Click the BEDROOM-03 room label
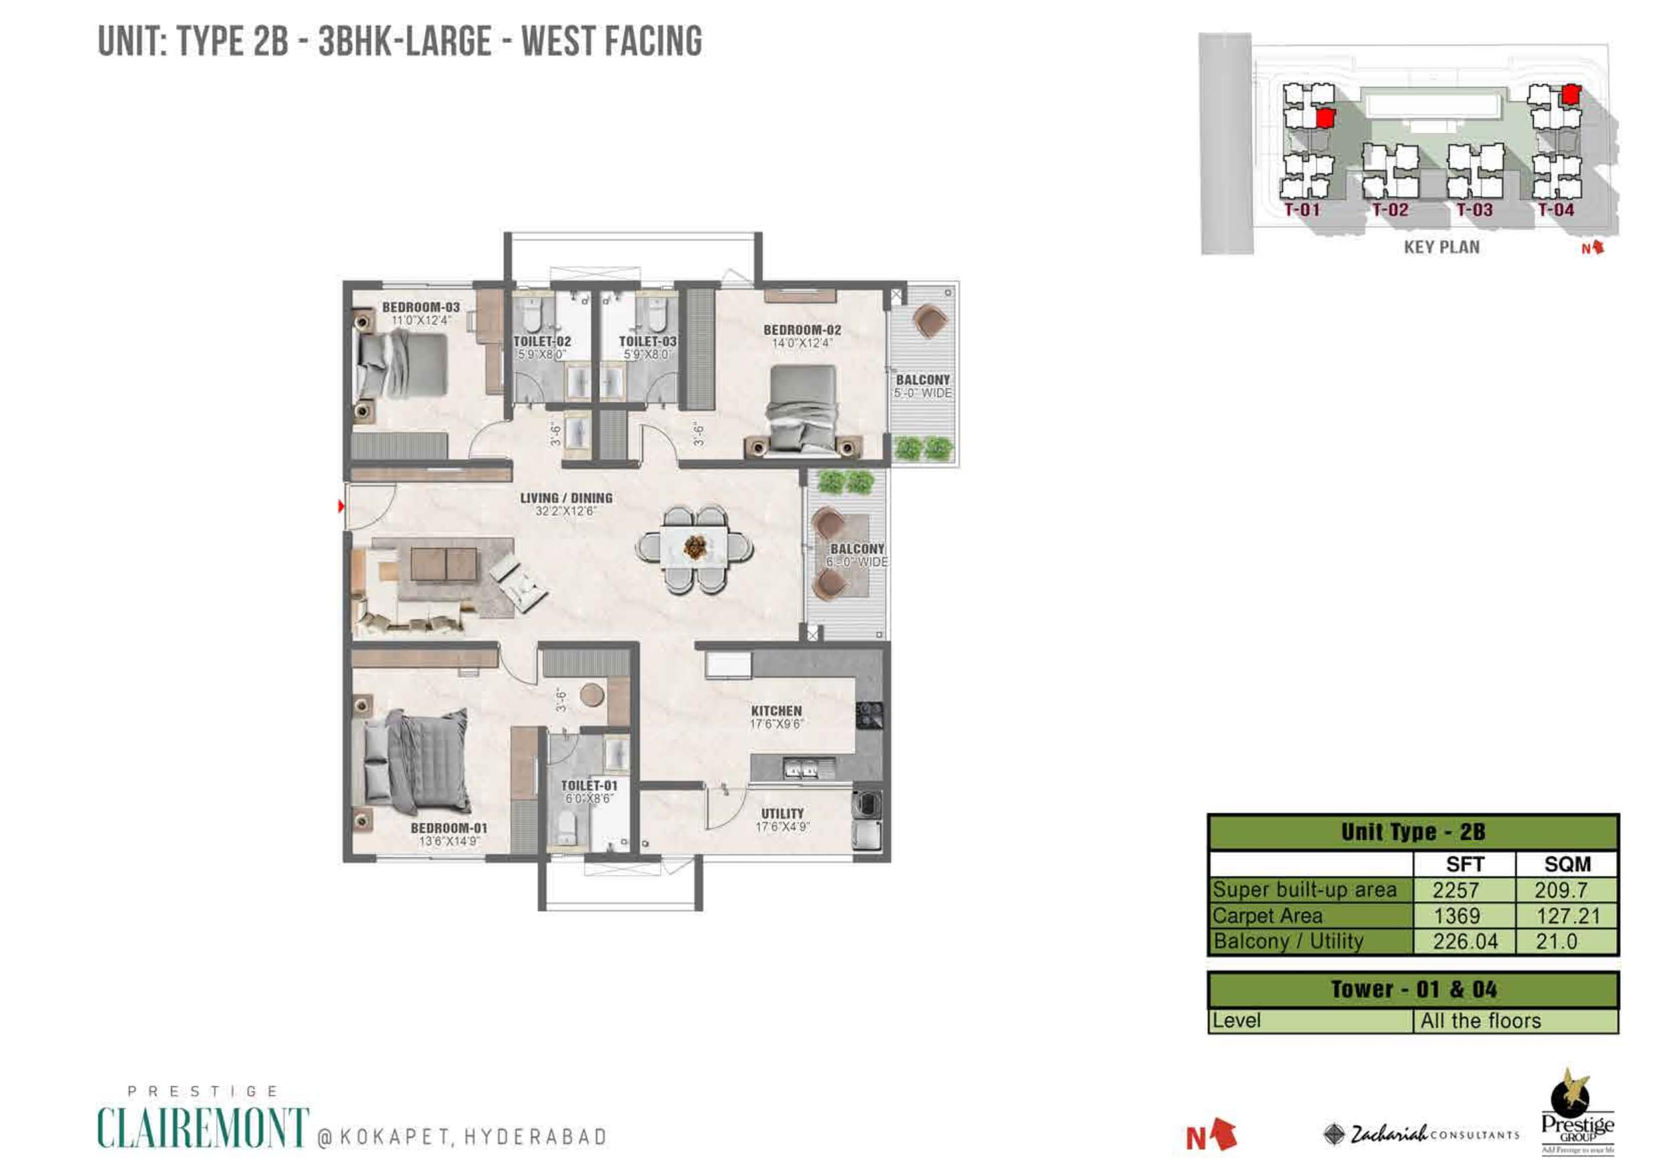(x=421, y=308)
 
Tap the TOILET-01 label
(x=589, y=785)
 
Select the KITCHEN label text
(x=776, y=711)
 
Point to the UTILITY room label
(x=782, y=813)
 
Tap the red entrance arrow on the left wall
(x=341, y=506)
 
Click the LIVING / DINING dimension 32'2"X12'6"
(x=565, y=512)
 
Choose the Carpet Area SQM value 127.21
(x=1568, y=916)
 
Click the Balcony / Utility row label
(x=1288, y=941)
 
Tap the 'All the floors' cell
(x=1480, y=1021)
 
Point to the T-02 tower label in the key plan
(x=1390, y=211)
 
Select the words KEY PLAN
(x=1441, y=248)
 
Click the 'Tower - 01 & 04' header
(x=1413, y=989)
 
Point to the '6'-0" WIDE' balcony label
(x=857, y=562)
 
